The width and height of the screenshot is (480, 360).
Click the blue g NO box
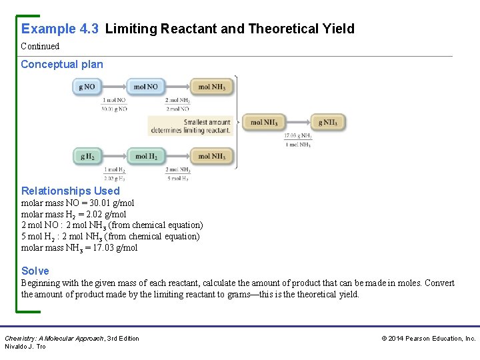(87, 87)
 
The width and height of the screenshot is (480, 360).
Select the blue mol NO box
(145, 87)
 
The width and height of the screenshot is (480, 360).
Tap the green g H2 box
(87, 157)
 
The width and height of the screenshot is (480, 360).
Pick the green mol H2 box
(145, 157)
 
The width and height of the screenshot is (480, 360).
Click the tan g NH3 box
(327, 122)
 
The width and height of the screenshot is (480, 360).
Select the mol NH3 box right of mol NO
(211, 87)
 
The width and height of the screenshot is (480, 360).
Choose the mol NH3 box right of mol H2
(211, 157)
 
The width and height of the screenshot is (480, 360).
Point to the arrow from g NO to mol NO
(114, 87)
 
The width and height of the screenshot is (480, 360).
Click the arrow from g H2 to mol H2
(114, 157)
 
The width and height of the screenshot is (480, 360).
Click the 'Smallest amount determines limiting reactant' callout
(190, 126)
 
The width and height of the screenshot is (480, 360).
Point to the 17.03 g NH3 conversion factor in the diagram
(298, 140)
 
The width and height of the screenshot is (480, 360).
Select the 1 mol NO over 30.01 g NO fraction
(114, 104)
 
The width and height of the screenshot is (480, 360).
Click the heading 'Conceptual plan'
(62, 65)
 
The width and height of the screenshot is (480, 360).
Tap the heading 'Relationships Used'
(71, 191)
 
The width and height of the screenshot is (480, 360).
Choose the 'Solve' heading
(35, 271)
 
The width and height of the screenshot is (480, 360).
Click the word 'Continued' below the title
(40, 47)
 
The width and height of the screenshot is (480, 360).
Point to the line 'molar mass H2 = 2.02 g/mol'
(73, 214)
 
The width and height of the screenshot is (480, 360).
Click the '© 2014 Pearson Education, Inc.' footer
(428, 339)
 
